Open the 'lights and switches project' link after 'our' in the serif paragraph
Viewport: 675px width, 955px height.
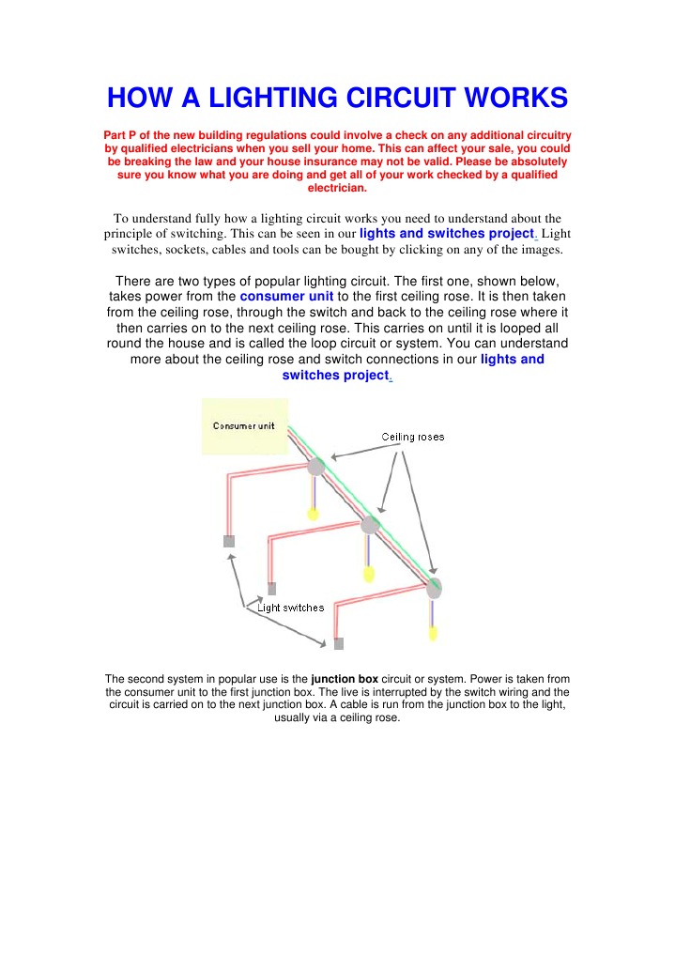point(446,233)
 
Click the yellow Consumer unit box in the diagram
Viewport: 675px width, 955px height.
point(245,426)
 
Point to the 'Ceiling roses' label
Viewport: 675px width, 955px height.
point(413,437)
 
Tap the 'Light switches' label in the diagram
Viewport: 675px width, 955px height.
point(291,608)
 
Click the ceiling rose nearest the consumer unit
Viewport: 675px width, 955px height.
point(316,467)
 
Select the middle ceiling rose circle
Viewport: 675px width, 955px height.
point(370,525)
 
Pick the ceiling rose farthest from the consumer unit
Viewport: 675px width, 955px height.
point(433,589)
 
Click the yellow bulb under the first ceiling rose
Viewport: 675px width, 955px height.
point(314,514)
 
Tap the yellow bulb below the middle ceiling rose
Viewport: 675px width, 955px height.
point(369,573)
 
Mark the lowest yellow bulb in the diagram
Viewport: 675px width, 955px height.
point(433,634)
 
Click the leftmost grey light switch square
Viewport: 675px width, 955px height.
point(228,541)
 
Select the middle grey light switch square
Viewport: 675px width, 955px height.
point(272,589)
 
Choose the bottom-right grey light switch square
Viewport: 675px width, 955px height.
point(339,643)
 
